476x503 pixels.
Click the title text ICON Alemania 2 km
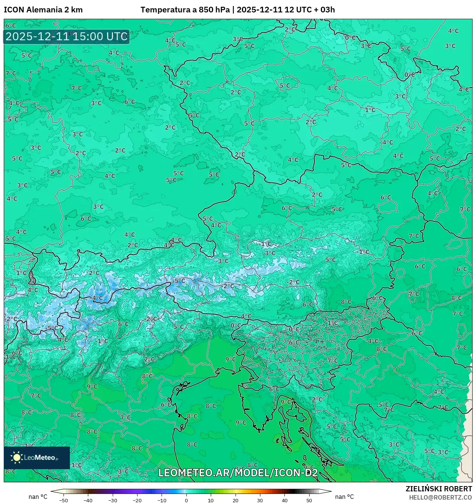[43, 10]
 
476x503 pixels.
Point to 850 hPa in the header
[214, 10]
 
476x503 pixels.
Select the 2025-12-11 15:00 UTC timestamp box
[66, 37]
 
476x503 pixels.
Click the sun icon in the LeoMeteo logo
[17, 457]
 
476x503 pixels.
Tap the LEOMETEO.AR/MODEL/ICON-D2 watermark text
[238, 473]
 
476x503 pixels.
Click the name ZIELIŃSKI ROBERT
[438, 489]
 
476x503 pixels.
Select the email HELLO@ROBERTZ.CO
[440, 497]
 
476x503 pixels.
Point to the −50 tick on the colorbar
[63, 500]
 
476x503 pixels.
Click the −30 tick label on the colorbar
[112, 500]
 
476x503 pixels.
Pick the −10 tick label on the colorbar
[162, 500]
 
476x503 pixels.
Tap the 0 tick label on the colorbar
[186, 500]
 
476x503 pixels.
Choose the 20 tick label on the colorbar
[235, 500]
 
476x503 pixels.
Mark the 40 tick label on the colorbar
[284, 500]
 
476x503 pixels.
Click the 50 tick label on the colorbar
[309, 500]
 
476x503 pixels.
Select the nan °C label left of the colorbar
[38, 497]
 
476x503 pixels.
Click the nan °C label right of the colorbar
[345, 497]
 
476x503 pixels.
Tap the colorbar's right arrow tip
[331, 491]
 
